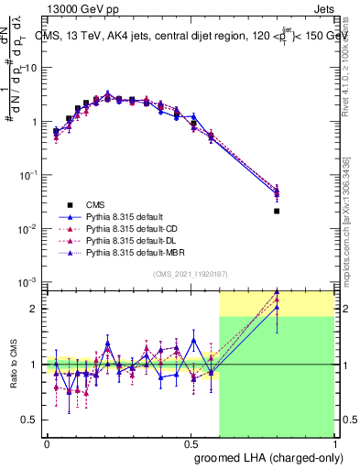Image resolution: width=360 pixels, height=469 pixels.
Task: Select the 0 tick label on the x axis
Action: click(x=47, y=442)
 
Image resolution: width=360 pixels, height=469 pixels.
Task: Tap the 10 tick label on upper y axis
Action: click(x=30, y=68)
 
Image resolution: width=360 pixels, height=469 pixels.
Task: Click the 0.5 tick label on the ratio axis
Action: click(x=30, y=420)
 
